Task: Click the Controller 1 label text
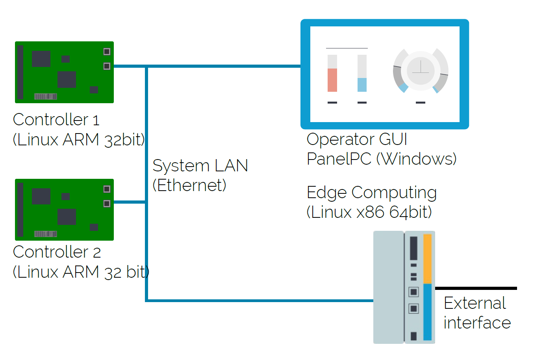click(56, 119)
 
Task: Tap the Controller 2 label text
click(57, 252)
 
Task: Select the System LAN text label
click(200, 165)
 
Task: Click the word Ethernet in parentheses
click(189, 185)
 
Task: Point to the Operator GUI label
click(357, 139)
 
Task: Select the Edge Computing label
click(371, 193)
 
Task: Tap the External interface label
click(476, 313)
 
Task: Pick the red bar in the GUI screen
click(332, 80)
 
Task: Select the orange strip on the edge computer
click(427, 258)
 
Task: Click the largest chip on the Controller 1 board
click(67, 80)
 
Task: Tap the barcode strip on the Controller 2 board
click(46, 234)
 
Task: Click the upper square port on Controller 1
click(107, 52)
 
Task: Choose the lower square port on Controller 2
click(107, 204)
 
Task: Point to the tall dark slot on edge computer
click(413, 248)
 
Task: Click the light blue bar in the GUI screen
click(362, 85)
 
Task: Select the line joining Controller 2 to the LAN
click(130, 202)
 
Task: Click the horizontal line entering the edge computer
click(260, 301)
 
